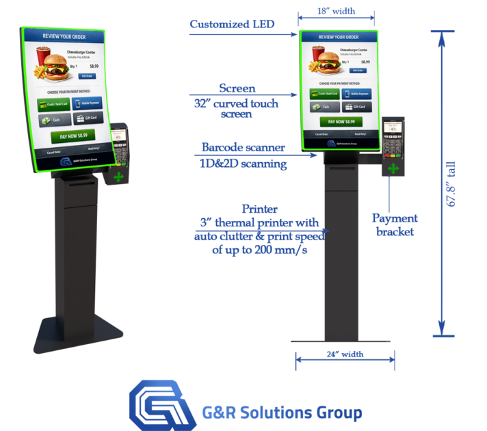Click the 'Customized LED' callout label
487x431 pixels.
[232, 24]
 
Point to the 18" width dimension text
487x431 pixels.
[335, 12]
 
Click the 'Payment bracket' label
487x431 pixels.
[395, 224]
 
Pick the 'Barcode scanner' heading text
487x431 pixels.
[243, 147]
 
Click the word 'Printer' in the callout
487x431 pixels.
[260, 209]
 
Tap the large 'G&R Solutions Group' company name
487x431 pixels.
[281, 413]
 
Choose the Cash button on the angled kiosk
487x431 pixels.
[52, 120]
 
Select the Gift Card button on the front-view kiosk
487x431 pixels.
[357, 107]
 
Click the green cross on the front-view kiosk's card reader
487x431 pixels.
[393, 169]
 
